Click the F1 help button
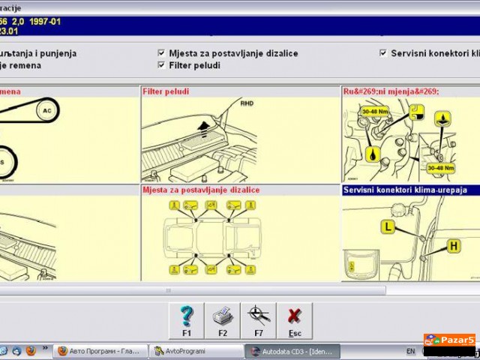pyautogui.click(x=187, y=320)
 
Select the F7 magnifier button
pyautogui.click(x=258, y=320)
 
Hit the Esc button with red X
pyautogui.click(x=295, y=320)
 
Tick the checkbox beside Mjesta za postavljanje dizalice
pyautogui.click(x=162, y=53)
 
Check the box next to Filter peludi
pyautogui.click(x=162, y=65)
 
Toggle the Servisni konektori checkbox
pyautogui.click(x=384, y=53)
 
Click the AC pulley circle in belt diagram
pyautogui.click(x=46, y=110)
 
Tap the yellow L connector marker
pyautogui.click(x=388, y=226)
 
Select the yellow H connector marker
pyautogui.click(x=454, y=245)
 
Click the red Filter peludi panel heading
pyautogui.click(x=166, y=91)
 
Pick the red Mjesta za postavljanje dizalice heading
pyautogui.click(x=201, y=190)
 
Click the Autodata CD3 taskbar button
pyautogui.click(x=292, y=351)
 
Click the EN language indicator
pyautogui.click(x=410, y=351)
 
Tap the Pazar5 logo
pyautogui.click(x=449, y=340)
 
